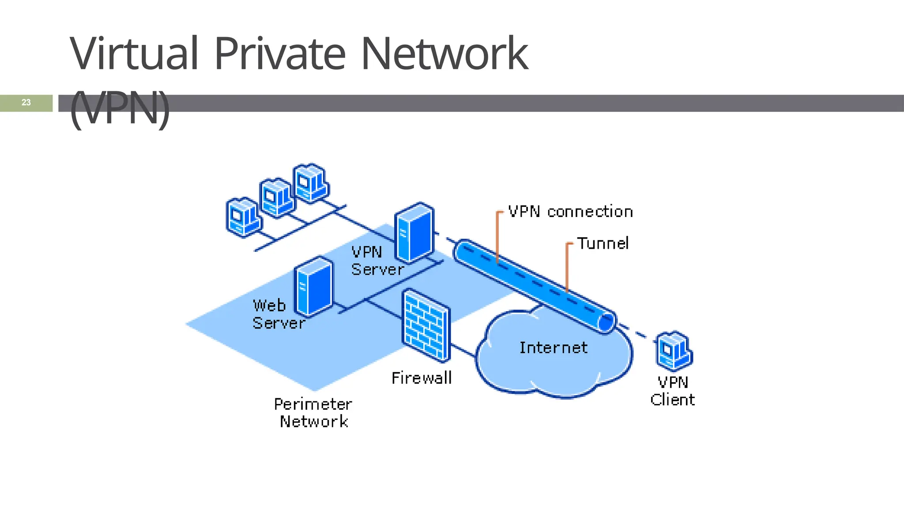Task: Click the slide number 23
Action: pos(26,102)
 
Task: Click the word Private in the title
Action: pos(279,54)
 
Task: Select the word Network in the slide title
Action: pos(444,54)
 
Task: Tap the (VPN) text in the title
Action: pos(120,108)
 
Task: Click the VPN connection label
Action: pos(570,212)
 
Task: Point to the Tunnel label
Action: pos(603,243)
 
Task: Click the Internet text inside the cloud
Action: pos(553,347)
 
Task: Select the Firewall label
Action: pos(422,378)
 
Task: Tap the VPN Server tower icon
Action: pos(414,232)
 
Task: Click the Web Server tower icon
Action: pos(313,287)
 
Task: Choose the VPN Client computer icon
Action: pos(674,351)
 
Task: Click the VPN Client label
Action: pos(672,391)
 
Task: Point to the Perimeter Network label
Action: pos(313,413)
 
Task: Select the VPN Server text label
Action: pos(377,261)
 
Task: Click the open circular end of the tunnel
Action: pos(606,323)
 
